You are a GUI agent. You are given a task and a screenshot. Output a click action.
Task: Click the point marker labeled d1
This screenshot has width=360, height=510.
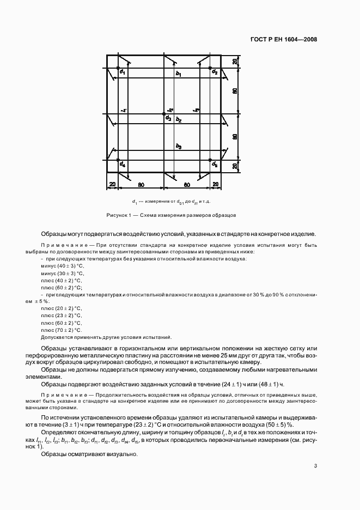[120, 68]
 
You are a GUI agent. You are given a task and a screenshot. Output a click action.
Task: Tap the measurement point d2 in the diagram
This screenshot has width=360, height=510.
[211, 68]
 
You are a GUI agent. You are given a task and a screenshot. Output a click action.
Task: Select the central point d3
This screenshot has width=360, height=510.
[165, 114]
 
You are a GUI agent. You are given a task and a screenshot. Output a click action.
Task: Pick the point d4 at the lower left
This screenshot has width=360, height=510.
[120, 160]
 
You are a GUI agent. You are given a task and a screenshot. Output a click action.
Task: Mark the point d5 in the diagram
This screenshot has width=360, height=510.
[211, 160]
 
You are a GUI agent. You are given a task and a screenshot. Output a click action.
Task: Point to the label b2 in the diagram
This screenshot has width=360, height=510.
[179, 119]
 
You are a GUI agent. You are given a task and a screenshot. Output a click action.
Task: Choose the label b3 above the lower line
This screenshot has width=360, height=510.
[179, 147]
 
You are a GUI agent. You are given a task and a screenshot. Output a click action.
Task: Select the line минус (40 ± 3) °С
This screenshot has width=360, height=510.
[62, 266]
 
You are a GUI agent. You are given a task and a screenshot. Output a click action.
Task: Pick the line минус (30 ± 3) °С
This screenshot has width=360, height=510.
[62, 273]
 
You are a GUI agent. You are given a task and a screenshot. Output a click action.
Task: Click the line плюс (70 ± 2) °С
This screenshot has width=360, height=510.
[61, 330]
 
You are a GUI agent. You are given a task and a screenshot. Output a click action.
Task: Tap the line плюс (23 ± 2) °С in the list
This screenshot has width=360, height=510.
[61, 315]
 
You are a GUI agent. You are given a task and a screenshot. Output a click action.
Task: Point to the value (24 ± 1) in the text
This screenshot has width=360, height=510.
[234, 384]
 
